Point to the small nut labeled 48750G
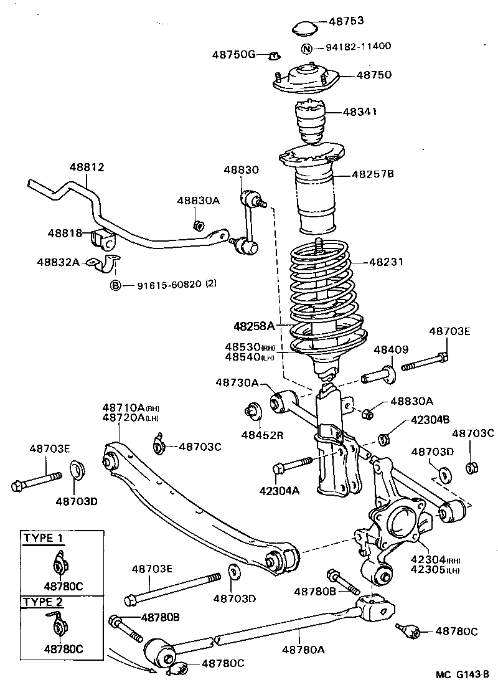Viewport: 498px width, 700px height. click(x=273, y=56)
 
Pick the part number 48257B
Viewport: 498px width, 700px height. click(x=373, y=174)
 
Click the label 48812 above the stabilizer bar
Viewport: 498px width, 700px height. click(x=87, y=167)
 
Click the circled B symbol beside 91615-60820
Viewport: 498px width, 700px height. click(x=115, y=285)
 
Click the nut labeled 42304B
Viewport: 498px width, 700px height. click(x=384, y=438)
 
